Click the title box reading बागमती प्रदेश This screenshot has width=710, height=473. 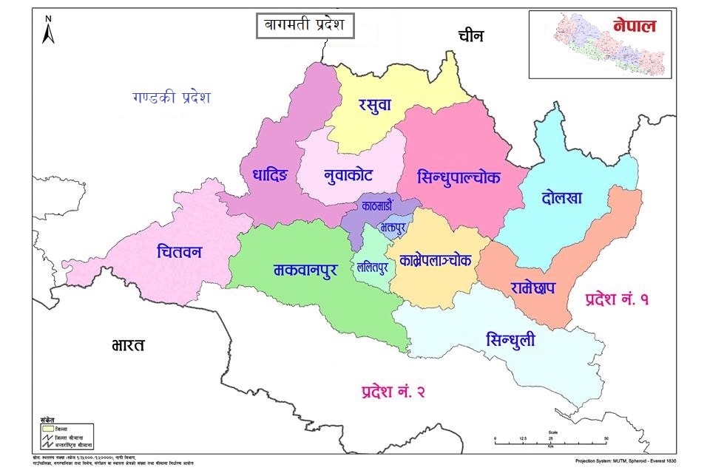(305, 27)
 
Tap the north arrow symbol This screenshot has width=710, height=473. (48, 30)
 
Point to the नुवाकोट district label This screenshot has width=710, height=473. (348, 176)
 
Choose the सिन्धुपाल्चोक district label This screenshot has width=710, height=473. (459, 177)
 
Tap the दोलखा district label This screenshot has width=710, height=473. (562, 197)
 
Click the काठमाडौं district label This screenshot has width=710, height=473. (382, 206)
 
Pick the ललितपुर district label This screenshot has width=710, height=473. (372, 268)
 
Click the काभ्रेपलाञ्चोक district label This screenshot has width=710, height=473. (439, 260)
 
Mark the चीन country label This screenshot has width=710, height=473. (473, 35)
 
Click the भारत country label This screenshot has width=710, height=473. (128, 344)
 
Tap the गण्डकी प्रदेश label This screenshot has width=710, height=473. (172, 98)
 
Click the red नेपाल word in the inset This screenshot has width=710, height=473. (634, 26)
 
